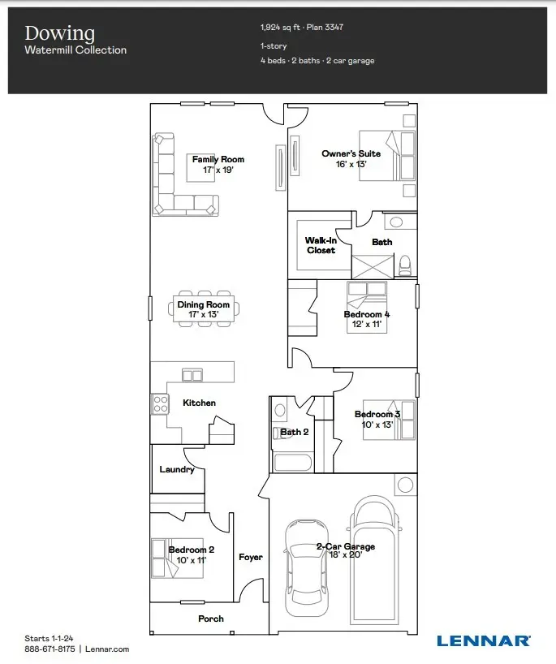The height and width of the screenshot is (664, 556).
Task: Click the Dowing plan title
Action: point(59,33)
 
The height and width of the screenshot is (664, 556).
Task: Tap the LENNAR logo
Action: point(484,640)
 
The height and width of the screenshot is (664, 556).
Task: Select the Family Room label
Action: point(218,159)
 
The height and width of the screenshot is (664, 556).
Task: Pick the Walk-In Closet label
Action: point(321,245)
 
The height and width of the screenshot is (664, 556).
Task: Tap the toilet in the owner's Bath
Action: point(404,264)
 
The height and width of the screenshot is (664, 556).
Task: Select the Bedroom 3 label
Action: point(377,414)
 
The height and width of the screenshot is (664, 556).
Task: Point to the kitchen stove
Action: point(159,403)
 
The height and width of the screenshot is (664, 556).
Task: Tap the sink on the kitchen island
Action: point(192,374)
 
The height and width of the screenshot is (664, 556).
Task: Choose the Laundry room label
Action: point(176,469)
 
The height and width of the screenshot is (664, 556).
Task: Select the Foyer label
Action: point(250,557)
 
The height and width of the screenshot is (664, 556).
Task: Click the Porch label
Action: point(211,619)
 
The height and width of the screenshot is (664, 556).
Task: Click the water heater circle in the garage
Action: point(404,484)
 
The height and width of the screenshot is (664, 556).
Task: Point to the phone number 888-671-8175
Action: point(49,649)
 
